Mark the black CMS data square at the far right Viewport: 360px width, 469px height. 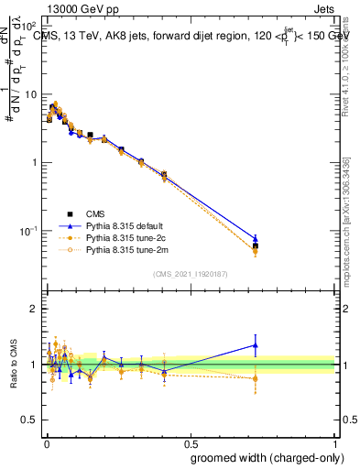pos(256,246)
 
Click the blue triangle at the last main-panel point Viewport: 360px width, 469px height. pos(256,239)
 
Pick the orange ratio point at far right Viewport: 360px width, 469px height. pos(256,378)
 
